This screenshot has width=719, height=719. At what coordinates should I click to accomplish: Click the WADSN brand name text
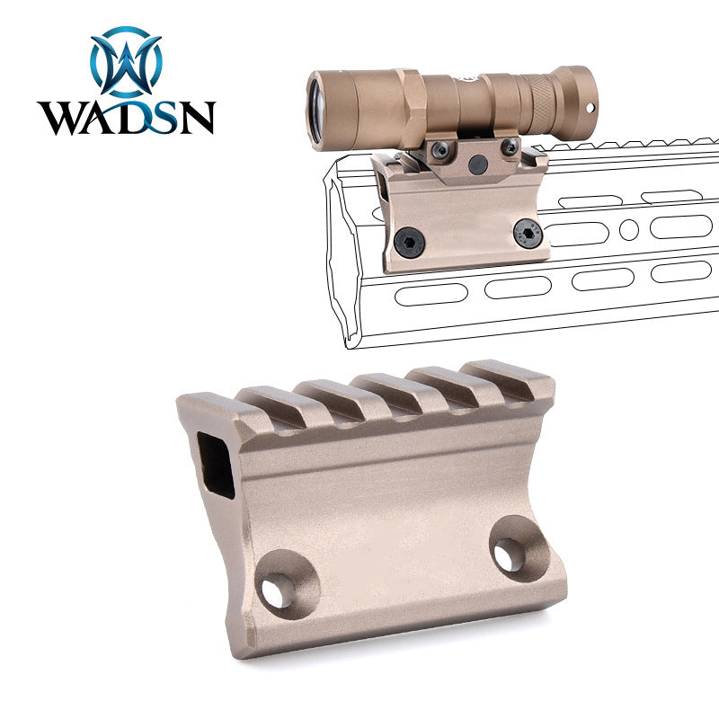coord(126,118)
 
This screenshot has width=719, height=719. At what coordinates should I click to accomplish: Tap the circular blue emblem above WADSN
coord(126,62)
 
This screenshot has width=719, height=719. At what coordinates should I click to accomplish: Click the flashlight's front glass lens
coord(315,111)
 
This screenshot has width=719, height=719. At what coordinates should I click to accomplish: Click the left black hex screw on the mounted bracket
coord(409,242)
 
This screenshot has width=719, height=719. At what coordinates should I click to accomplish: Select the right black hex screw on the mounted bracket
coord(528,234)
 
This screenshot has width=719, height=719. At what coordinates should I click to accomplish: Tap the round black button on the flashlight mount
coord(478,163)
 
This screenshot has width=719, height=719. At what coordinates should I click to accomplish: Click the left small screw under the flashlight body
coord(440,149)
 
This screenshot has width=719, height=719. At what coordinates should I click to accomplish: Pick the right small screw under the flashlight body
coord(510,146)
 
